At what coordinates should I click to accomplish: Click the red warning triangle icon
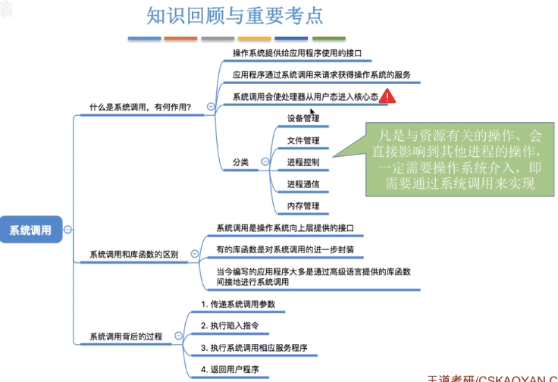(387, 96)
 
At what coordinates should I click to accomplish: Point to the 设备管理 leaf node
(303, 119)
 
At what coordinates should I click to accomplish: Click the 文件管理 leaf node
(303, 141)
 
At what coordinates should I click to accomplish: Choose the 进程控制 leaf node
(303, 162)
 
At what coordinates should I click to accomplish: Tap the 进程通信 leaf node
(303, 184)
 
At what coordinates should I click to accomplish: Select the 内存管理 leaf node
(303, 206)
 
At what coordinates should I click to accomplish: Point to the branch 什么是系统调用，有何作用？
(140, 107)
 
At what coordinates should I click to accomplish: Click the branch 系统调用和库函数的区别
(133, 255)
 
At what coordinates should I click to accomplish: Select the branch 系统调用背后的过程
(126, 336)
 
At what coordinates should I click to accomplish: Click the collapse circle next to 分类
(265, 162)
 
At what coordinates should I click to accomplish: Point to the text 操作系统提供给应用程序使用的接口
(296, 53)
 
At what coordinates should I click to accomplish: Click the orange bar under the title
(180, 38)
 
